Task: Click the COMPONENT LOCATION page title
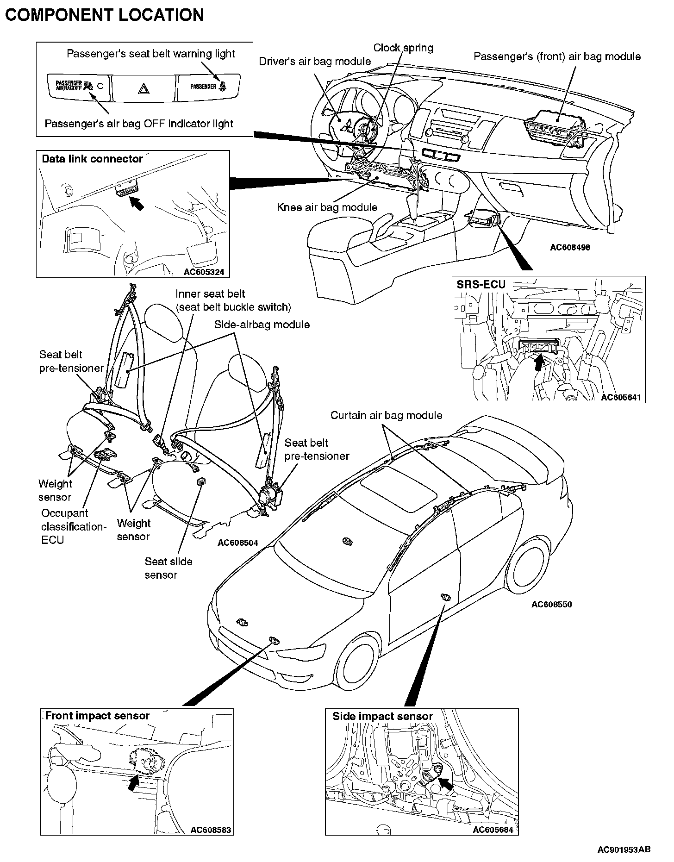[104, 15]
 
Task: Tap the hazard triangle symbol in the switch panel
[144, 88]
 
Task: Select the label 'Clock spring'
[403, 48]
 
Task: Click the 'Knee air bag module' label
[327, 207]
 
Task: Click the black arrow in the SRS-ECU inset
[538, 361]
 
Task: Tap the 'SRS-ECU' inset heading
[481, 284]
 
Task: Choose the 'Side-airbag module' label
[262, 325]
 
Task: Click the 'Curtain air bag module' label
[386, 415]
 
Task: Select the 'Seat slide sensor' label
[168, 568]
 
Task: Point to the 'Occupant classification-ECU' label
[74, 526]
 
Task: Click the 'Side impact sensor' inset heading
[382, 716]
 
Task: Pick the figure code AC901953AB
[624, 849]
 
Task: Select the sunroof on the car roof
[399, 489]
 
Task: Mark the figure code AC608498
[570, 247]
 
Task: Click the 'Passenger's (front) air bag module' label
[557, 56]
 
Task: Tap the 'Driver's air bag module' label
[315, 61]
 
